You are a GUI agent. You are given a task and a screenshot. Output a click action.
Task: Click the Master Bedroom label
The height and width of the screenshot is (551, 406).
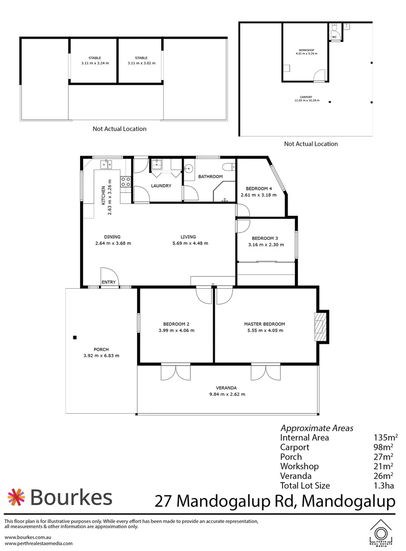click(x=264, y=324)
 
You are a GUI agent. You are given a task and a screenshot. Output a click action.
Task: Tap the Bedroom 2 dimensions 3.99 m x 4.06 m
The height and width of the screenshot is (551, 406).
click(x=176, y=331)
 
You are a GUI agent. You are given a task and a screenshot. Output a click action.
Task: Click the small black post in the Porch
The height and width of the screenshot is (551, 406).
click(x=74, y=337)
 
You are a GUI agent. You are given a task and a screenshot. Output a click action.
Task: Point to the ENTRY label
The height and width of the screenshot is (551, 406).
click(x=109, y=282)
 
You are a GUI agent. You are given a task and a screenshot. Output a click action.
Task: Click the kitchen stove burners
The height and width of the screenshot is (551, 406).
click(x=125, y=183)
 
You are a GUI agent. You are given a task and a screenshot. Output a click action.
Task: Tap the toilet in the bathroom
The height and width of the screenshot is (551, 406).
click(x=229, y=165)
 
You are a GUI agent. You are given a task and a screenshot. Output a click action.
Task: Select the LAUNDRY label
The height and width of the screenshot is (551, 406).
click(x=161, y=186)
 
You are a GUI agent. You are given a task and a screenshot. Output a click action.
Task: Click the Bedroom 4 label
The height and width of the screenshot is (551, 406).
click(x=258, y=188)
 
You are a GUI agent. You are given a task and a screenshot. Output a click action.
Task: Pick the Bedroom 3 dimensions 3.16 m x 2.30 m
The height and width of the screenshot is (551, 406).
click(x=265, y=245)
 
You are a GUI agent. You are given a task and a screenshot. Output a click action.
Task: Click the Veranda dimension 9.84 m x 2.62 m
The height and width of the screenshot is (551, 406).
click(x=227, y=394)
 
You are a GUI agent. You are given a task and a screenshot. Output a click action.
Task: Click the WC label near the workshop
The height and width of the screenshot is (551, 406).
click(x=335, y=37)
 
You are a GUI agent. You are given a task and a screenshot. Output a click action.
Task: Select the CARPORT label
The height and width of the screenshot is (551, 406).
click(x=306, y=97)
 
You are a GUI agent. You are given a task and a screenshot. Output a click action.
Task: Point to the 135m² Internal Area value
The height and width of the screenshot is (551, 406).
click(x=386, y=437)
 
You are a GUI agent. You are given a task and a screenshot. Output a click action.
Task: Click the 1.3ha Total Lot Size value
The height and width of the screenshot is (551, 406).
click(x=385, y=485)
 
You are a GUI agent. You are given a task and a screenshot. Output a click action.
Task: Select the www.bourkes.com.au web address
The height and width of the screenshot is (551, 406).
click(x=26, y=538)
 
